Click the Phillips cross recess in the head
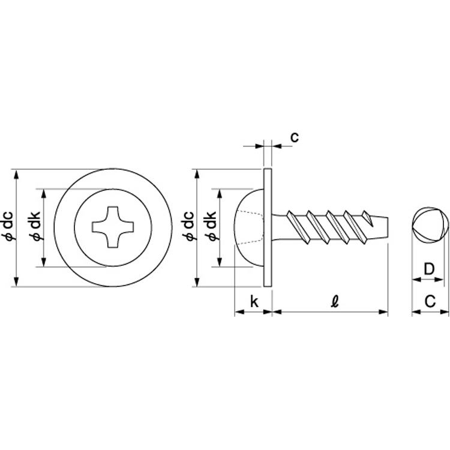[113, 227]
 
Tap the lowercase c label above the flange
[295, 137]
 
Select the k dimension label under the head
[254, 301]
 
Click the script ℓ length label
[335, 301]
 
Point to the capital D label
[430, 269]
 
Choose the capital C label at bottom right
[430, 301]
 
